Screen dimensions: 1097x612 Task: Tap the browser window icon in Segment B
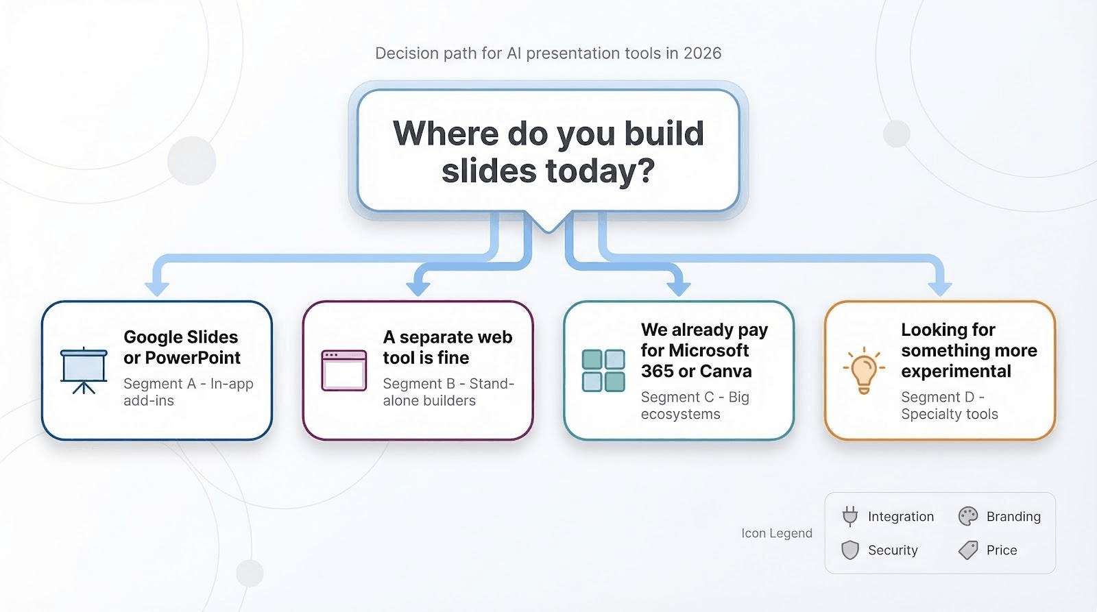coord(343,371)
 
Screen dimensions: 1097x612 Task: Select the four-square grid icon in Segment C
coord(603,371)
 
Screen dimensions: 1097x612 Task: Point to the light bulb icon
coord(864,371)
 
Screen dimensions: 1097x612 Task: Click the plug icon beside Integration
coord(850,517)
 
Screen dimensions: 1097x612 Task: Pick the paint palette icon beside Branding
coord(967,517)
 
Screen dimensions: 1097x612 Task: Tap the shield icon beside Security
coord(850,550)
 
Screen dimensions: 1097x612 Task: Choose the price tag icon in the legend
coord(968,550)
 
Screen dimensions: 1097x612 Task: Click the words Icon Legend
coord(777,533)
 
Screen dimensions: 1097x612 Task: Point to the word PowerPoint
coord(193,358)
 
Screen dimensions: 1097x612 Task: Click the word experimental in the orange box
coord(956,371)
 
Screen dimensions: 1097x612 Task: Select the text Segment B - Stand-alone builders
coord(448,392)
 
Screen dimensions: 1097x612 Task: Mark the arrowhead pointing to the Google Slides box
coord(157,289)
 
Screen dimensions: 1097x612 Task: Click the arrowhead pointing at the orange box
coord(940,289)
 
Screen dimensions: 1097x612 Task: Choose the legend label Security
coord(893,550)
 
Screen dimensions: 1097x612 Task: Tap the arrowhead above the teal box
coord(679,289)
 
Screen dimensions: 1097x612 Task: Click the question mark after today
coord(647,171)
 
